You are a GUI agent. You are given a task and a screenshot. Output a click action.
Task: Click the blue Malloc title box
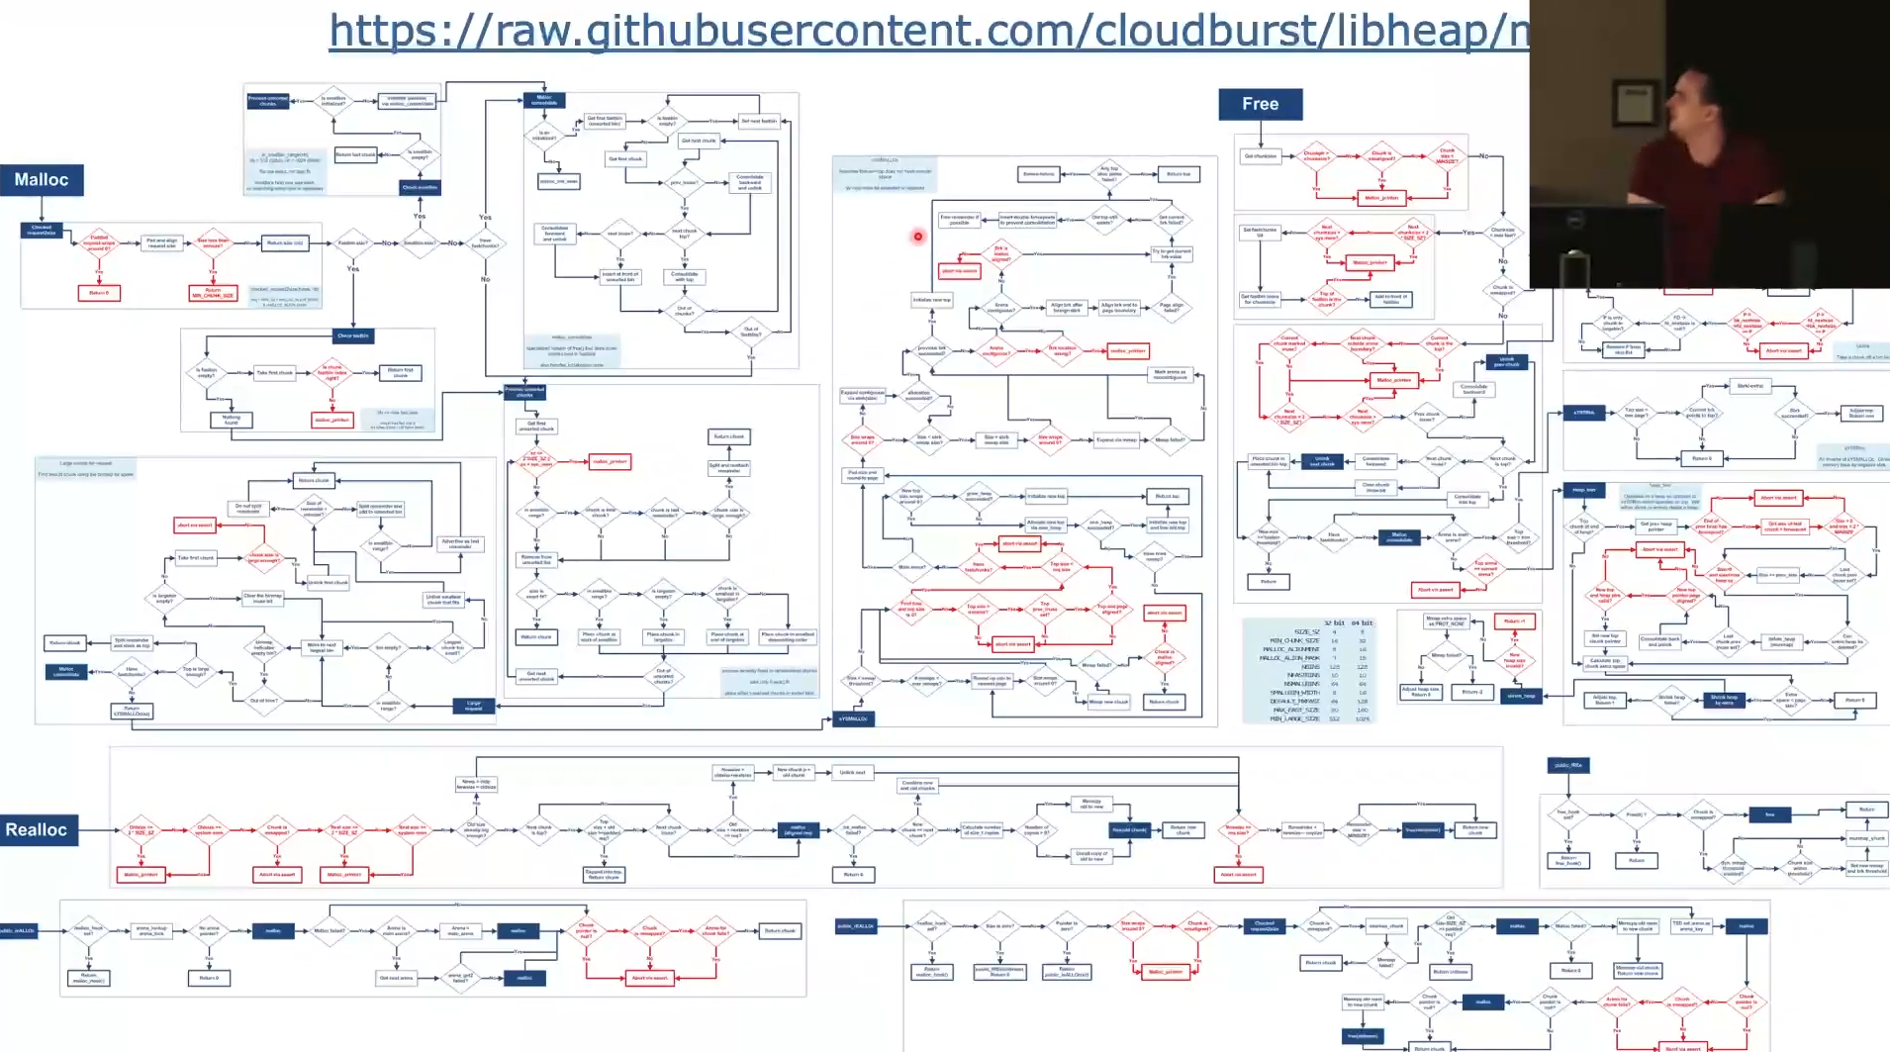click(x=42, y=180)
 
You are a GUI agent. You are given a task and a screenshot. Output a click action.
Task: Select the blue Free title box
click(x=1260, y=104)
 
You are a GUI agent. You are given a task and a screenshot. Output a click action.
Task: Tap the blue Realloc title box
click(x=37, y=830)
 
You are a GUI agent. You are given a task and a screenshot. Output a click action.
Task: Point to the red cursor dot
click(x=918, y=236)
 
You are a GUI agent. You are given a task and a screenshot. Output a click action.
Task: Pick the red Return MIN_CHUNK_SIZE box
click(x=213, y=293)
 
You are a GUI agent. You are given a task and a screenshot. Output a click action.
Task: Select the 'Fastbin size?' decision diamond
click(x=353, y=242)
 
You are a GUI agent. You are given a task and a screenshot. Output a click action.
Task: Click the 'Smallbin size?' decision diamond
click(x=420, y=242)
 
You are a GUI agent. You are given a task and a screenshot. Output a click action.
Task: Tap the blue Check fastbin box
click(x=352, y=335)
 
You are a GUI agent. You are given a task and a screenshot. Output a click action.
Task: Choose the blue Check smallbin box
click(x=420, y=187)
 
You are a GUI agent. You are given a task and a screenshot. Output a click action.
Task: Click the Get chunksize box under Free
click(x=1260, y=156)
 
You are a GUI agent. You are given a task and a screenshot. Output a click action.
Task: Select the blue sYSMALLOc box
click(x=853, y=718)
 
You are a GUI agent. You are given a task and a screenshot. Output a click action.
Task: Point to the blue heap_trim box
click(x=1583, y=490)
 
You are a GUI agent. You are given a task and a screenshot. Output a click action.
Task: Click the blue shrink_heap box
click(x=1521, y=696)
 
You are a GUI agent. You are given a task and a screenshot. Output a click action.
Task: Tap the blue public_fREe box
click(x=1567, y=765)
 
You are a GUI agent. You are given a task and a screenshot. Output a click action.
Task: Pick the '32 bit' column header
click(x=1334, y=623)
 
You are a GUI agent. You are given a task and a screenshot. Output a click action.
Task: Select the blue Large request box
click(x=473, y=706)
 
